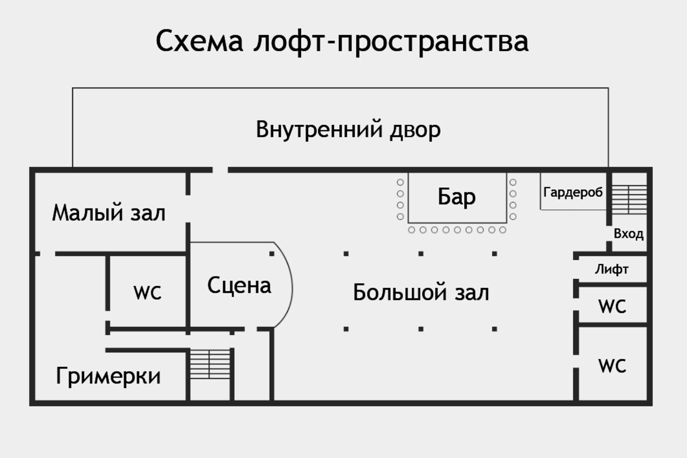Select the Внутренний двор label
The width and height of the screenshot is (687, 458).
pos(348,130)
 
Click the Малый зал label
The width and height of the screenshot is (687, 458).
pos(109,213)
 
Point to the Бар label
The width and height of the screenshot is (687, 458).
pos(456,197)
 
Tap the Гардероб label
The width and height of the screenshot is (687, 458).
pos(573,192)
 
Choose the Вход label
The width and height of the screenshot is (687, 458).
pos(628,234)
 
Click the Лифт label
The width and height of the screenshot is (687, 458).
pos(611,269)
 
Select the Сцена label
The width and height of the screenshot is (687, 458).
pos(239,286)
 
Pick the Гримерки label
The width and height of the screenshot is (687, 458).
pos(108,376)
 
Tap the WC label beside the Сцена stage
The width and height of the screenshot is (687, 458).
pos(148,293)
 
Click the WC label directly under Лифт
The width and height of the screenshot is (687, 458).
pos(612,307)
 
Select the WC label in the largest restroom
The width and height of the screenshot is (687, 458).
pos(612,366)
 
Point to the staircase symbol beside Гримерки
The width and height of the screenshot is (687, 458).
pos(210,365)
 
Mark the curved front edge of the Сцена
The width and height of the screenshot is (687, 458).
pos(291,286)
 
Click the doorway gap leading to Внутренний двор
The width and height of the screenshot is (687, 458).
pos(220,170)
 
